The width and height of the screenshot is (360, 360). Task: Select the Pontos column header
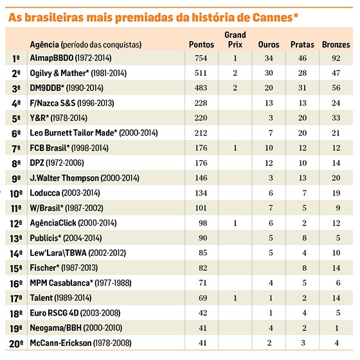tap(201, 44)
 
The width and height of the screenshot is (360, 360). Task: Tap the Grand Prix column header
tap(235, 39)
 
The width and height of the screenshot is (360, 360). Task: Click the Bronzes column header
tap(336, 44)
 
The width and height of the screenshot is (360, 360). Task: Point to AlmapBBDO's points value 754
tap(201, 58)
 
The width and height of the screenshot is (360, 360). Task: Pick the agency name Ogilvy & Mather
tap(59, 73)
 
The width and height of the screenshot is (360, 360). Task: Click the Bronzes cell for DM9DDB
tap(336, 87)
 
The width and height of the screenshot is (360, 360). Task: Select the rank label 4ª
tap(16, 104)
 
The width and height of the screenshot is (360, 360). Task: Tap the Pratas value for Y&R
tap(302, 118)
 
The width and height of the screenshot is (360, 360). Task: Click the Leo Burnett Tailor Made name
tap(73, 132)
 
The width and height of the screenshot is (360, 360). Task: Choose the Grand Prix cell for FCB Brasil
tap(235, 148)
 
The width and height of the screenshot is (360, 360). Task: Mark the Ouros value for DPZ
tap(269, 163)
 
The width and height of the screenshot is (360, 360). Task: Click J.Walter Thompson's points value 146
tap(201, 177)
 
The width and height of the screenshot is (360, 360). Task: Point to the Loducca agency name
tap(45, 193)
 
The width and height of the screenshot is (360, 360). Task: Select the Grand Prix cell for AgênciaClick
tap(235, 223)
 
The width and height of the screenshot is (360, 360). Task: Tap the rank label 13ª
tap(16, 239)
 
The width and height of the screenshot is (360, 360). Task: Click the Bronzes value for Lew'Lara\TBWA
tap(336, 253)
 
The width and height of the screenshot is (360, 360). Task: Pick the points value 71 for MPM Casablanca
tap(203, 283)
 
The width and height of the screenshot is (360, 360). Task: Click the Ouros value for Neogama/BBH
tap(271, 328)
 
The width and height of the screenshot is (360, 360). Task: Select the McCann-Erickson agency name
tap(60, 343)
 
